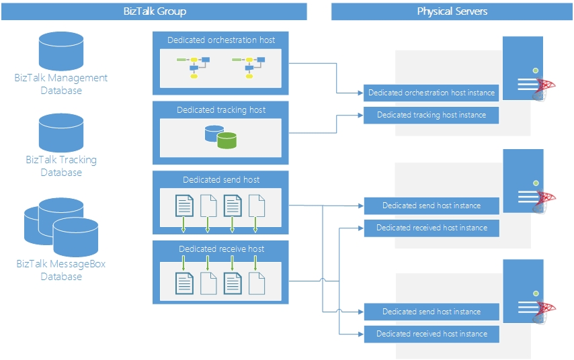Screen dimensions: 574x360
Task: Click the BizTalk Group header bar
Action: pos(154,11)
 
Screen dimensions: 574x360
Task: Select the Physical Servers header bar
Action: pos(452,11)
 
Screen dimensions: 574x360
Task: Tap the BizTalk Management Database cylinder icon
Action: pos(61,51)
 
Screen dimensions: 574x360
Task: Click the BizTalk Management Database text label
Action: pos(61,84)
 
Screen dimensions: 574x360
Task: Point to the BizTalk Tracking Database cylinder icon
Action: pos(61,133)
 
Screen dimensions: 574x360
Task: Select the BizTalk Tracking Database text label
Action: pos(61,166)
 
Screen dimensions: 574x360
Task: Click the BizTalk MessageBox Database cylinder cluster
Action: pos(61,227)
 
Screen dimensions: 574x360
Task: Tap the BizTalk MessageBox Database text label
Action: pos(61,270)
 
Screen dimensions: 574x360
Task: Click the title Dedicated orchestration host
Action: pos(221,40)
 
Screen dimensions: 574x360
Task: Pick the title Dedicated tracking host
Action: pos(221,110)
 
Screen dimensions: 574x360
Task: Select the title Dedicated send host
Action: pos(221,179)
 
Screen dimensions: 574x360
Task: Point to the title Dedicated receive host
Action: pos(221,249)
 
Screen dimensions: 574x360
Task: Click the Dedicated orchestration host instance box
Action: pos(432,93)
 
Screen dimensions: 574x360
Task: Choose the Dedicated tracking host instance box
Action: pos(432,116)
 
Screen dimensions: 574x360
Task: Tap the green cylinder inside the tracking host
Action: pos(227,140)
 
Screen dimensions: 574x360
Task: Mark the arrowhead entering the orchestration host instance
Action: pos(360,93)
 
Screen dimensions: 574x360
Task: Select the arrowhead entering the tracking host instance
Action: pos(360,116)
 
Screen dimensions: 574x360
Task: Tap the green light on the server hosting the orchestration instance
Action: pos(535,71)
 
